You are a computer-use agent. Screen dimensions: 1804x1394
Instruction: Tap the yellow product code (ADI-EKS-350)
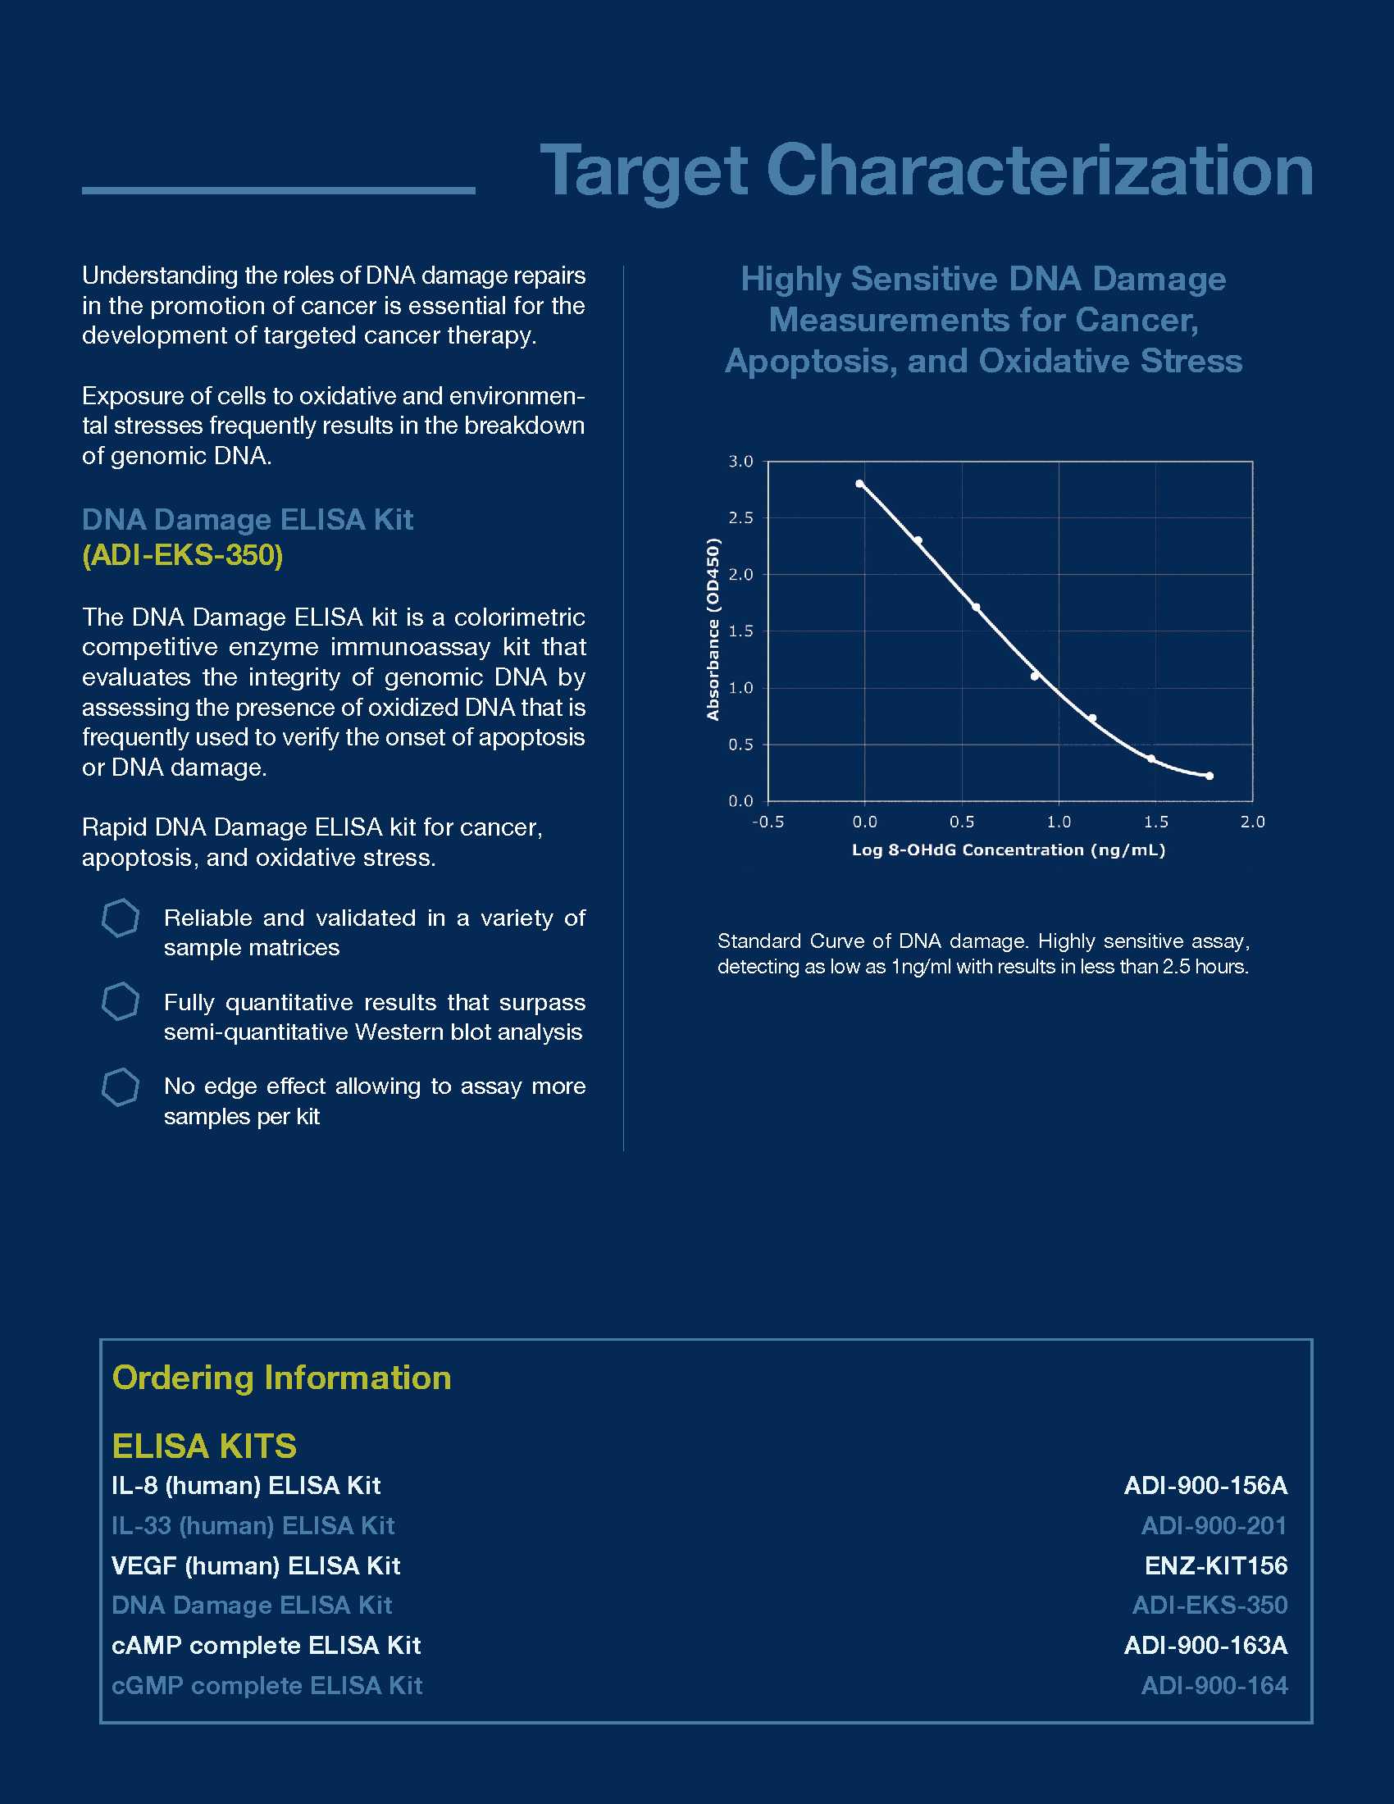pos(183,555)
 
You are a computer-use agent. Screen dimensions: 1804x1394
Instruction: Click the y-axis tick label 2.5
pos(740,518)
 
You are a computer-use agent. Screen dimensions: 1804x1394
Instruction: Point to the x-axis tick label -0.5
pos(768,822)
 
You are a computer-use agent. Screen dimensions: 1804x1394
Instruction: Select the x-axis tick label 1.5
pos(1155,822)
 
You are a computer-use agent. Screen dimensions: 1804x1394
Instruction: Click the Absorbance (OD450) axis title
pos(713,630)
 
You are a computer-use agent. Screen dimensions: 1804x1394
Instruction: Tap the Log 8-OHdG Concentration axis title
pos(1009,850)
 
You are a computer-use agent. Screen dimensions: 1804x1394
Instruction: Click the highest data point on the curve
pos(859,484)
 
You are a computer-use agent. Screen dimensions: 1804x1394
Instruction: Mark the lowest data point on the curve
pos(1209,776)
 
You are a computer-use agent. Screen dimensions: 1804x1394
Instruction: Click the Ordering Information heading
pos(281,1378)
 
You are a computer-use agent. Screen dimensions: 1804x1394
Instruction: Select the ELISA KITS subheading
pos(204,1446)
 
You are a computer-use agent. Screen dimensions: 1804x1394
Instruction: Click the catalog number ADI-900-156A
pos(1205,1486)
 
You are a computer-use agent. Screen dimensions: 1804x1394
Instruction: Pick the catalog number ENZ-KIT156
pos(1215,1565)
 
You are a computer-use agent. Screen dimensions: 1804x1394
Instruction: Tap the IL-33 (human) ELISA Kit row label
pos(253,1526)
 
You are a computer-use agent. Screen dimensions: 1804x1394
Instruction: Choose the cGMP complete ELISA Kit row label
pos(266,1685)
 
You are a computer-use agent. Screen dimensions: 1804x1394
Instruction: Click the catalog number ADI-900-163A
pos(1205,1646)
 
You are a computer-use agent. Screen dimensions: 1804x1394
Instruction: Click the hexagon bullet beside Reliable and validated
pos(121,918)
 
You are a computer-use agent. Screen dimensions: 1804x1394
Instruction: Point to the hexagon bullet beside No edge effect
pos(121,1087)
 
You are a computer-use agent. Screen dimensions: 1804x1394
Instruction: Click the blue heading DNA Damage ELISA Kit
pos(248,520)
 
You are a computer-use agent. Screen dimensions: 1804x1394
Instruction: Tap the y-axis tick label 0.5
pos(740,745)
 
